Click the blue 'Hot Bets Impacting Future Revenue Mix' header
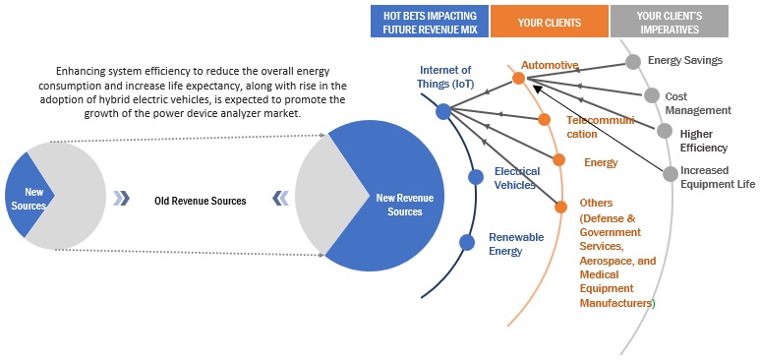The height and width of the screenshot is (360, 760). click(x=430, y=22)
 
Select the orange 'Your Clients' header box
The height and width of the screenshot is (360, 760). click(x=550, y=22)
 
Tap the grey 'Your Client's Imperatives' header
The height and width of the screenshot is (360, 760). click(x=670, y=22)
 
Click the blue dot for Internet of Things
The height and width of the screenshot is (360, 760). click(x=443, y=111)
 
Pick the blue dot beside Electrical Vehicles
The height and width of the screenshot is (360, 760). click(x=476, y=177)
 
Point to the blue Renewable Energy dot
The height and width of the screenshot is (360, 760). click(x=467, y=242)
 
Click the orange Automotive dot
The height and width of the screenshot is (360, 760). click(x=518, y=78)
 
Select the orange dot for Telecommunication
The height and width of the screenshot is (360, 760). click(x=544, y=119)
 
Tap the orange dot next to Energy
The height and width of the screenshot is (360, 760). click(x=558, y=160)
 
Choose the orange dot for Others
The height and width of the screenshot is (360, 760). click(x=560, y=208)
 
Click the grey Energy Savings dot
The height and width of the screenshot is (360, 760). click(x=632, y=62)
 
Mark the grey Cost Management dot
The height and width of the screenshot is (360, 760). click(x=652, y=95)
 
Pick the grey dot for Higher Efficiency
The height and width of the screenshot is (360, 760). click(x=665, y=131)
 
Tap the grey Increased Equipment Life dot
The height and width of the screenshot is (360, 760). click(x=671, y=174)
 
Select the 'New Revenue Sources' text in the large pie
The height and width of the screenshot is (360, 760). click(x=405, y=205)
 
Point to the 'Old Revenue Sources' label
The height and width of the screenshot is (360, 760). click(x=201, y=201)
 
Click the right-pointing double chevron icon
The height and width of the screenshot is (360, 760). click(x=122, y=198)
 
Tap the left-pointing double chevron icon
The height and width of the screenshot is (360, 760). click(x=280, y=198)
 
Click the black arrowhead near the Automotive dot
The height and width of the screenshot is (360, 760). click(x=537, y=89)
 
